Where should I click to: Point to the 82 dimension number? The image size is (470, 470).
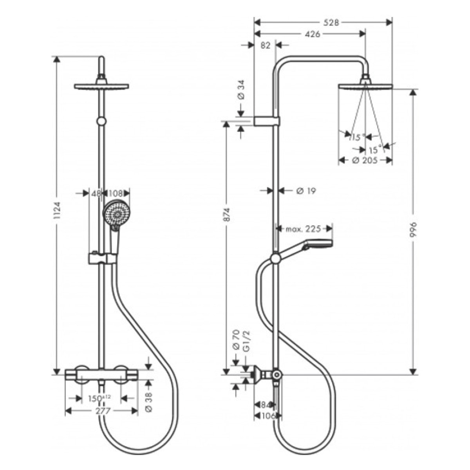pyautogui.click(x=265, y=45)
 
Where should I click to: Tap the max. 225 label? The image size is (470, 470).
pyautogui.click(x=303, y=228)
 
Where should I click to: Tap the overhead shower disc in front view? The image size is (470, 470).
pyautogui.click(x=101, y=87)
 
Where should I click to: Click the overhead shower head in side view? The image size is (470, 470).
pyautogui.click(x=365, y=86)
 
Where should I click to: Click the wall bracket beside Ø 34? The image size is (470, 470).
pyautogui.click(x=267, y=121)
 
